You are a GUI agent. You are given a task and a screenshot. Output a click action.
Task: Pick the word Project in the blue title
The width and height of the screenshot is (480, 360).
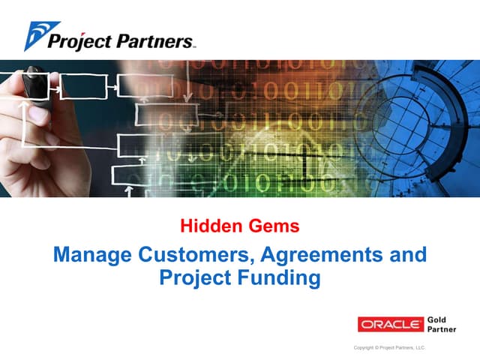tap(196, 278)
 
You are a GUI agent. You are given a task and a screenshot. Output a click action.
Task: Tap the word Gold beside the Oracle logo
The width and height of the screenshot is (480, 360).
tap(436, 319)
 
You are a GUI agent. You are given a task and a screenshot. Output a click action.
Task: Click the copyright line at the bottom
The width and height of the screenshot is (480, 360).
tap(388, 348)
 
